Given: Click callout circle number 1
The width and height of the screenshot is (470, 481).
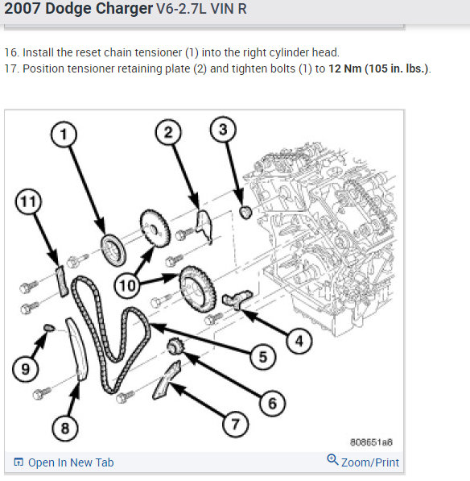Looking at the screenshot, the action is pyautogui.click(x=64, y=135).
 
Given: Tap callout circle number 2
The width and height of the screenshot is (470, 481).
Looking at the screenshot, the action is pyautogui.click(x=168, y=132).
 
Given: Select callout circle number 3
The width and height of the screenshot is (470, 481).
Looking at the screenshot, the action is pyautogui.click(x=223, y=129).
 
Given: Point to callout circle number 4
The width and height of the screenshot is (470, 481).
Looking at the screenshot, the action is pyautogui.click(x=299, y=341).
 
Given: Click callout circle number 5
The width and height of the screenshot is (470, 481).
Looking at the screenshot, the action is pyautogui.click(x=263, y=357).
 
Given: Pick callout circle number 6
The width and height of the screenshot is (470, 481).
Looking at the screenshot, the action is pyautogui.click(x=272, y=403).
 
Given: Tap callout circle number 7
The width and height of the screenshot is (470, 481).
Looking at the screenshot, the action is pyautogui.click(x=235, y=425).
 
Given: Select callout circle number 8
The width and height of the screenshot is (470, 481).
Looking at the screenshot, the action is pyautogui.click(x=65, y=428).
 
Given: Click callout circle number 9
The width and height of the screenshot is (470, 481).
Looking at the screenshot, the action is pyautogui.click(x=26, y=369).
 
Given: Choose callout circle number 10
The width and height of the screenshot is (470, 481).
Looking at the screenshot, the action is pyautogui.click(x=127, y=285).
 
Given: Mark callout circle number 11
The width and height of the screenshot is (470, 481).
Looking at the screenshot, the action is pyautogui.click(x=28, y=201).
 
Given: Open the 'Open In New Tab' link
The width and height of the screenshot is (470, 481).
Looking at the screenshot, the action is pyautogui.click(x=64, y=462).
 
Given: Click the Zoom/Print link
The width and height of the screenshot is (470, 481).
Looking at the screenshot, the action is pyautogui.click(x=363, y=462).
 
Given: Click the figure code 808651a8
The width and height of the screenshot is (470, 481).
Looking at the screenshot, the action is pyautogui.click(x=371, y=442).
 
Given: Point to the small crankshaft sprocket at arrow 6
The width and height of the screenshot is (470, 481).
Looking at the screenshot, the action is pyautogui.click(x=175, y=346).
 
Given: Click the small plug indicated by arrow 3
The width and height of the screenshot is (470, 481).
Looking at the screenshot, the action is pyautogui.click(x=245, y=212).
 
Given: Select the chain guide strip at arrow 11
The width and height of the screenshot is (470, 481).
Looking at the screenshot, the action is pyautogui.click(x=62, y=281).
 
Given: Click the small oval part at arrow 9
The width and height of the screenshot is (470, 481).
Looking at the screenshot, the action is pyautogui.click(x=49, y=328).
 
